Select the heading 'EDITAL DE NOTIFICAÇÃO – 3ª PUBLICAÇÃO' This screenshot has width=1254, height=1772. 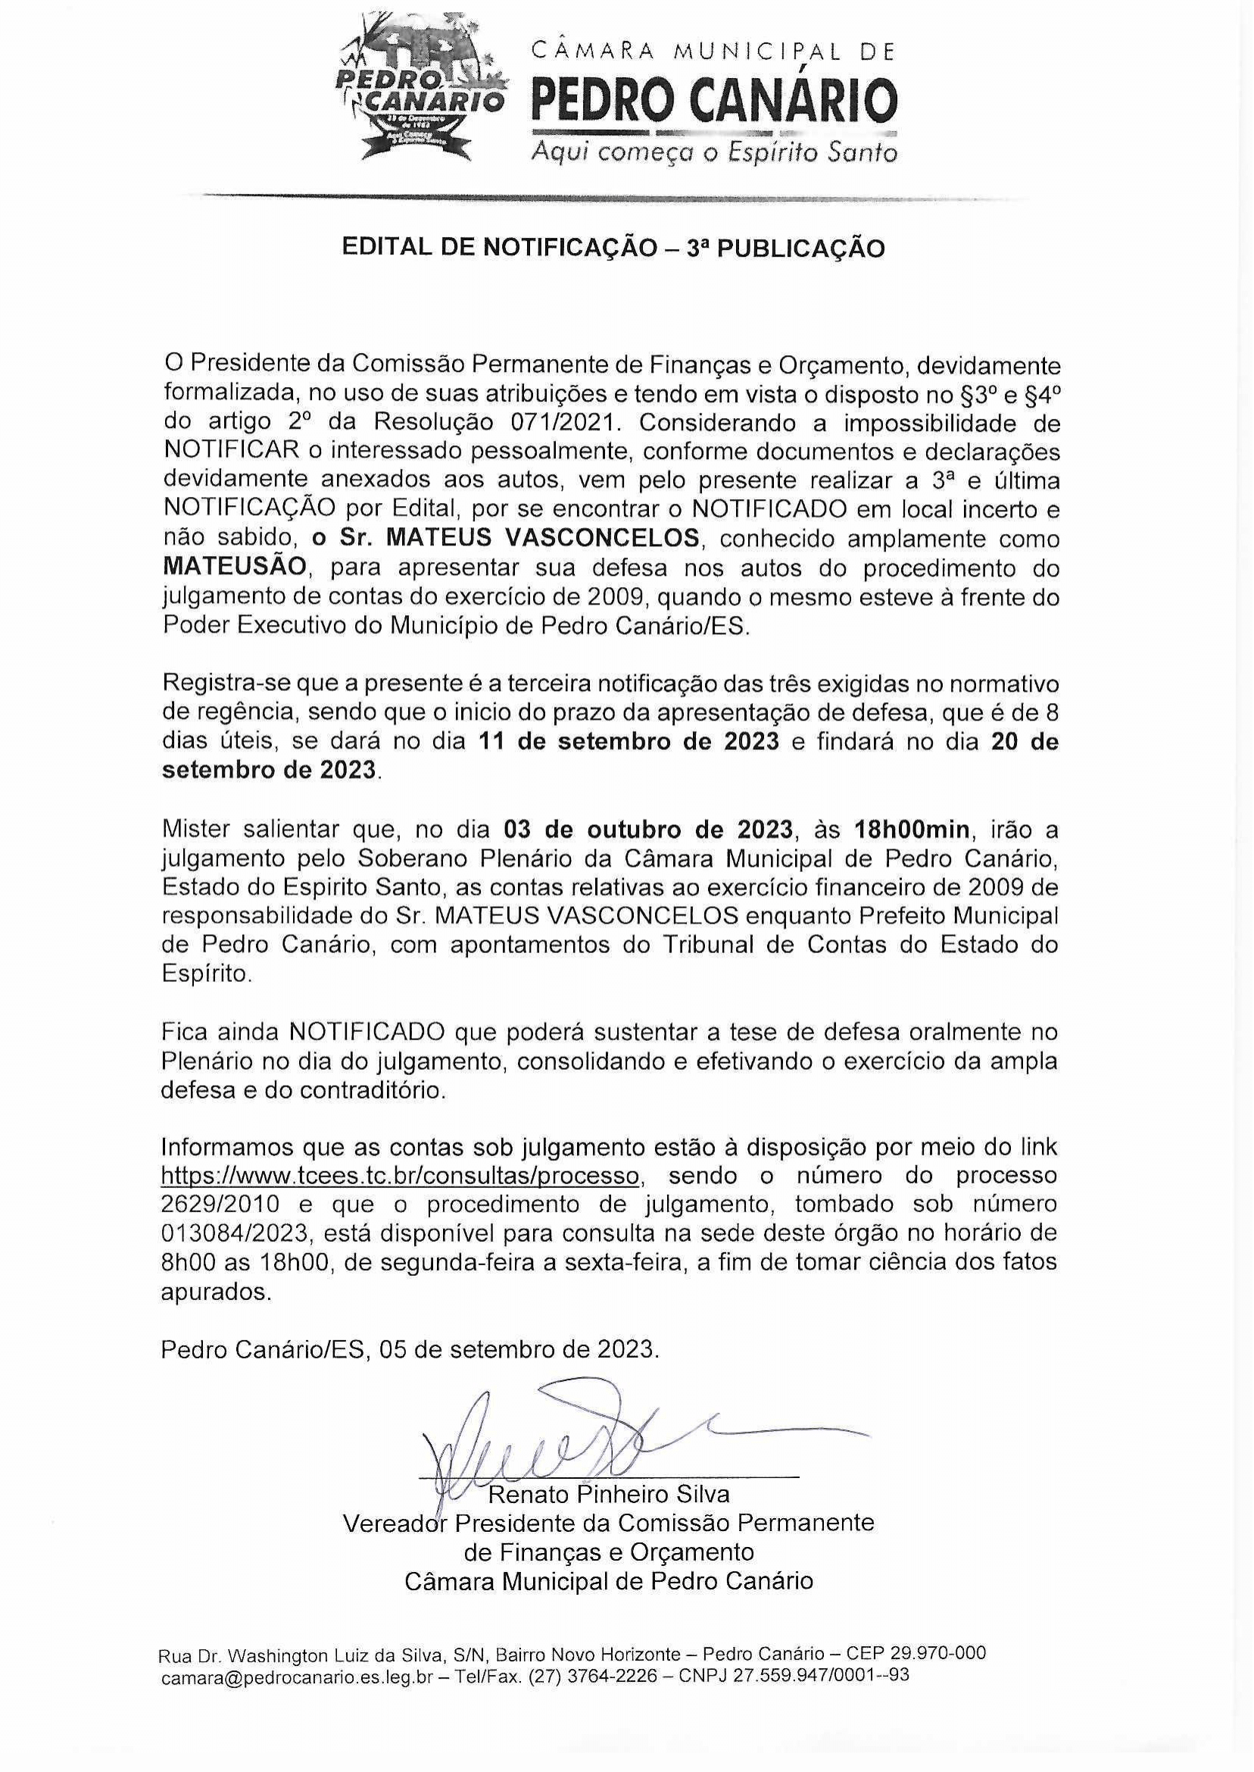[x=614, y=248]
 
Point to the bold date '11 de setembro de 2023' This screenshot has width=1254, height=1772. [x=628, y=742]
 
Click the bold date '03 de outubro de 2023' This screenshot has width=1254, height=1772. [x=648, y=830]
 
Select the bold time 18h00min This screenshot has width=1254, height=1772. [x=911, y=830]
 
